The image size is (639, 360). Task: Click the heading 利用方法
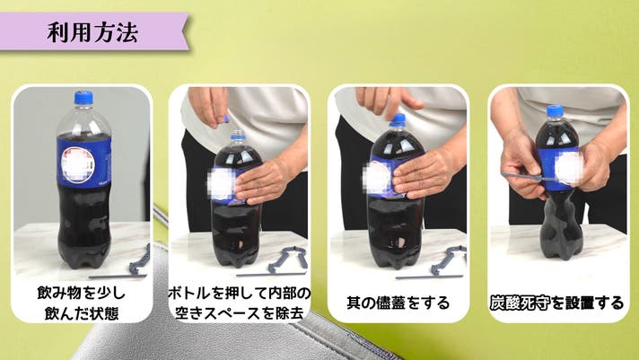(x=93, y=32)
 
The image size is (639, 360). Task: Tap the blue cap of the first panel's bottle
(x=83, y=98)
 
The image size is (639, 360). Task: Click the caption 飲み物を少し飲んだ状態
(x=82, y=303)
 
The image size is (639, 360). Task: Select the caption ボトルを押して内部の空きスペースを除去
(x=240, y=303)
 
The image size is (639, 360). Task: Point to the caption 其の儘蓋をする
(x=398, y=303)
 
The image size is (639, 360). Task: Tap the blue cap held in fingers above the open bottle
(x=226, y=119)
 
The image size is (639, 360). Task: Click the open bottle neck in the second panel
(x=238, y=136)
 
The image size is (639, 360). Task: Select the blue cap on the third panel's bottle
(x=398, y=119)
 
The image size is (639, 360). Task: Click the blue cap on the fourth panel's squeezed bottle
(x=555, y=110)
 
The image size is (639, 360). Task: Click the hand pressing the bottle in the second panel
(x=263, y=180)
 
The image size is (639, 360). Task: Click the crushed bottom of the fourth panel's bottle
(x=561, y=228)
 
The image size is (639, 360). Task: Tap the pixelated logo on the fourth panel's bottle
(x=568, y=167)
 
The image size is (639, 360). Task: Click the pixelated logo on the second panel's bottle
(x=222, y=184)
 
